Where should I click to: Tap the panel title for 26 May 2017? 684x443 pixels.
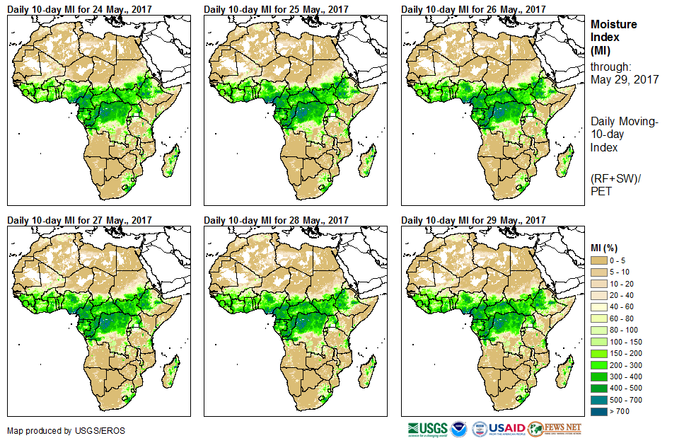pos(473,9)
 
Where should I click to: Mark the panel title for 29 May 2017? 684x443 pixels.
pos(473,220)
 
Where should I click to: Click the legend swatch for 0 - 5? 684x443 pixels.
pos(599,262)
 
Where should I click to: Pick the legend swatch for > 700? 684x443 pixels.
pos(599,410)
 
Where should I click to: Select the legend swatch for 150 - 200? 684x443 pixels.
pos(599,353)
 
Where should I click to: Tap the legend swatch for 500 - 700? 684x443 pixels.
pos(599,398)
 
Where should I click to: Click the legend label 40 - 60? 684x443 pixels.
pos(623,307)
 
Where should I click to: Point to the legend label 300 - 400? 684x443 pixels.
pos(626,376)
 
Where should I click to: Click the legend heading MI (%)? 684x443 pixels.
pos(605,247)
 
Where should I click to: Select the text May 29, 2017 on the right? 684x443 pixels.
pos(625,80)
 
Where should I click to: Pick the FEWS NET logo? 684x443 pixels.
pos(555,429)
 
